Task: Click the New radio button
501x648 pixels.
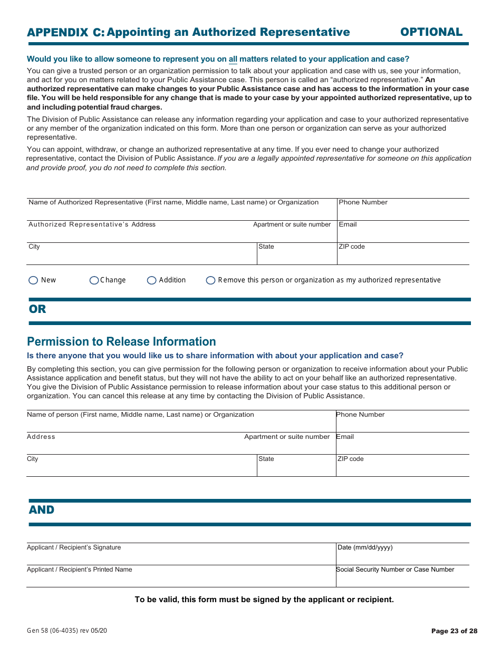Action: pyautogui.click(x=33, y=280)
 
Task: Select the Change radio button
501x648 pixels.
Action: pyautogui.click(x=94, y=280)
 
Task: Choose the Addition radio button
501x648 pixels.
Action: pyautogui.click(x=152, y=280)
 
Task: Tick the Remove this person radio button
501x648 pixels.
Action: pyautogui.click(x=211, y=280)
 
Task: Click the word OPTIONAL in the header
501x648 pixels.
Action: pyautogui.click(x=431, y=32)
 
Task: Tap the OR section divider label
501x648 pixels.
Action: pyautogui.click(x=37, y=309)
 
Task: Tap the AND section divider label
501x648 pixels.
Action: pyautogui.click(x=42, y=510)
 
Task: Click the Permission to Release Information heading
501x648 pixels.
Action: pyautogui.click(x=121, y=341)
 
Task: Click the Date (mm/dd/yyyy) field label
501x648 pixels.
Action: pyautogui.click(x=365, y=547)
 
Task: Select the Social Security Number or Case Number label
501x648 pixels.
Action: pyautogui.click(x=395, y=570)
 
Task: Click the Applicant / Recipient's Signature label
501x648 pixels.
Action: pyautogui.click(x=74, y=547)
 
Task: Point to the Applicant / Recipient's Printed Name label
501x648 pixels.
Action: pyautogui.click(x=80, y=570)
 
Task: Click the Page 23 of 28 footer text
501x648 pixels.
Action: pyautogui.click(x=454, y=631)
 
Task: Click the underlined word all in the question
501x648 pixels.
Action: pyautogui.click(x=233, y=59)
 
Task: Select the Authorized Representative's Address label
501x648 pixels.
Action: pyautogui.click(x=92, y=224)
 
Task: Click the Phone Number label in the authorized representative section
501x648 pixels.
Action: pyautogui.click(x=363, y=202)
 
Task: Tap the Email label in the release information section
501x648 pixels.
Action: pyautogui.click(x=345, y=437)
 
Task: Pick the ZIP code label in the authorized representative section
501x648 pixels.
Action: pyautogui.click(x=352, y=247)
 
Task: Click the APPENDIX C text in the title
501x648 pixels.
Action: pyautogui.click(x=65, y=32)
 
